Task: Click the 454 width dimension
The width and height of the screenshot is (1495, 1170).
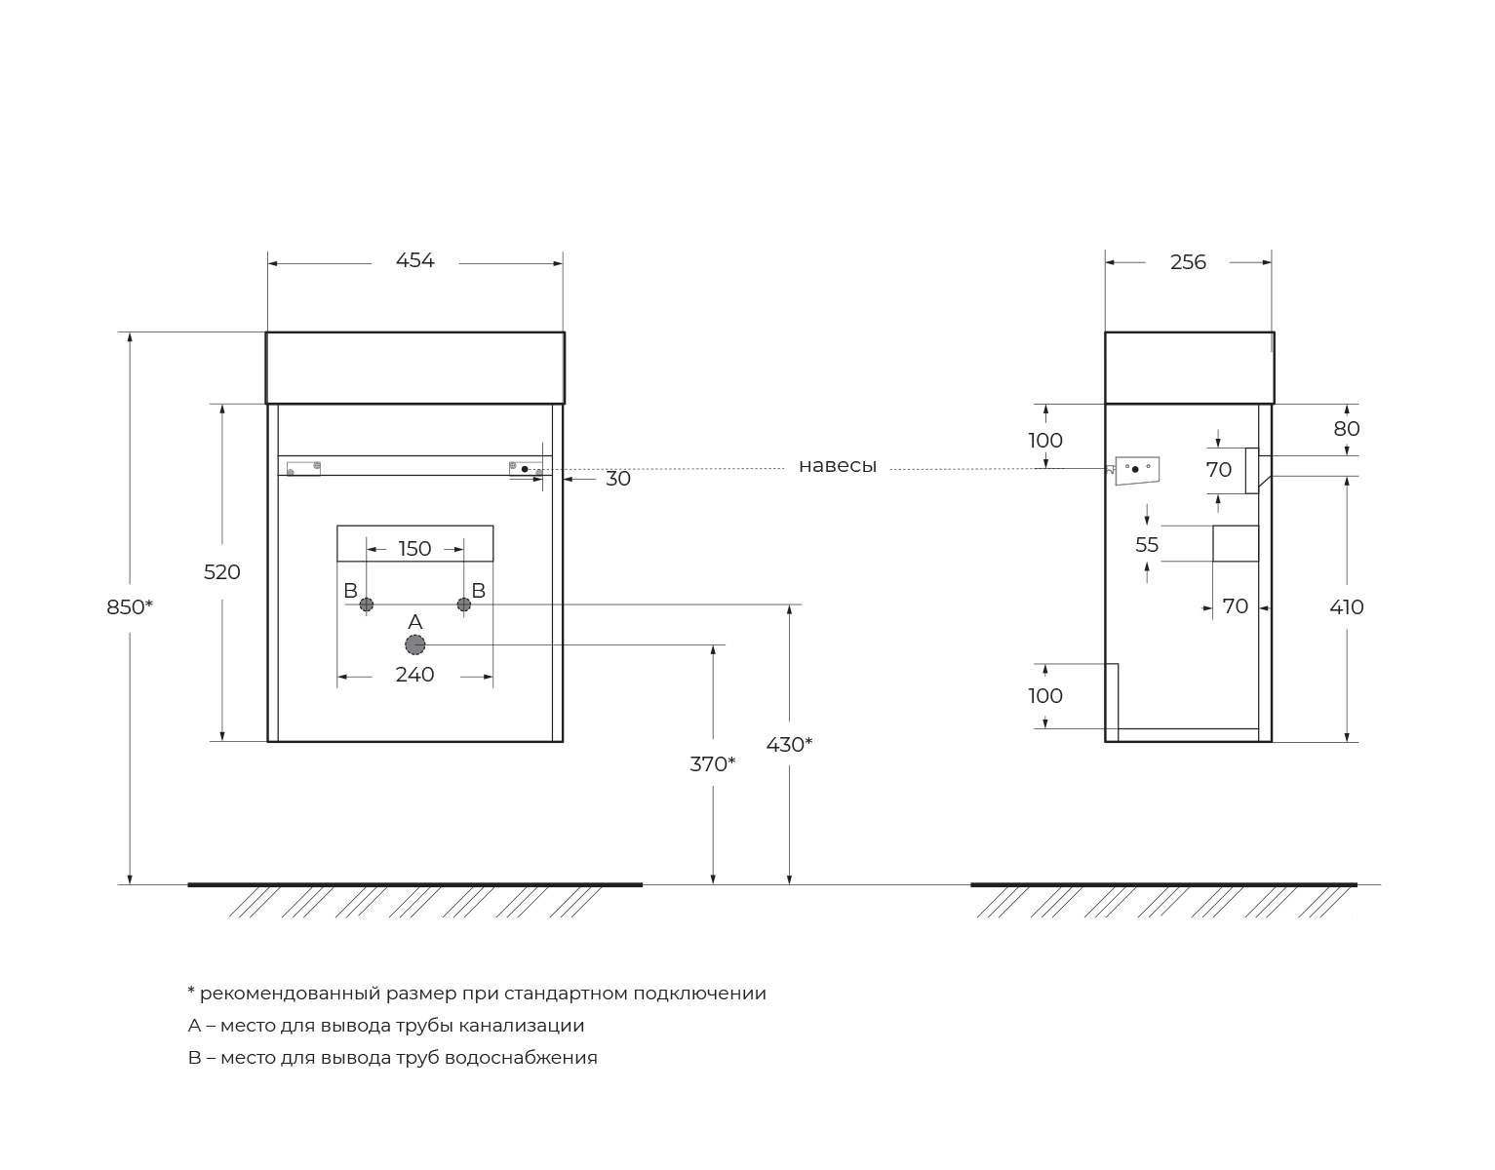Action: (x=414, y=261)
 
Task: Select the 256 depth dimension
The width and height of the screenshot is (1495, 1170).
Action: (x=1188, y=262)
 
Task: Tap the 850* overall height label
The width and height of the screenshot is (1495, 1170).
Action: (x=130, y=607)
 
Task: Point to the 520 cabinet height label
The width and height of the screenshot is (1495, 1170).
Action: (x=221, y=572)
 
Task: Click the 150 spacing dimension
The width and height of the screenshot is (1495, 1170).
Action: (x=414, y=549)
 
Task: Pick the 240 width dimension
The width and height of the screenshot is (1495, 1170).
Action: (x=414, y=675)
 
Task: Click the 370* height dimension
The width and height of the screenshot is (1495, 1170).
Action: (x=712, y=764)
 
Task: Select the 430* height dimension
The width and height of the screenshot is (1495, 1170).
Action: (x=789, y=745)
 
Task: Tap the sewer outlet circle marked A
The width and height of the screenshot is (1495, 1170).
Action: (x=415, y=644)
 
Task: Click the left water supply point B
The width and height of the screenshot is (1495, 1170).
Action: (x=367, y=604)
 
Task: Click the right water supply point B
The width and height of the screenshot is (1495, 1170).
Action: (x=464, y=604)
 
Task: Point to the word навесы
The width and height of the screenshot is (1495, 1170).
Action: (x=838, y=466)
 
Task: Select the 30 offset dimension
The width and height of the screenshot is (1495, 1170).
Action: (x=618, y=479)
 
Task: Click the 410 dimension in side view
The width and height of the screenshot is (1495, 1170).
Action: (x=1347, y=607)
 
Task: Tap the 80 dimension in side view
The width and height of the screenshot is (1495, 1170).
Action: (x=1347, y=429)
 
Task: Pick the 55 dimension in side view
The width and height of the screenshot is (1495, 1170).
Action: (x=1147, y=545)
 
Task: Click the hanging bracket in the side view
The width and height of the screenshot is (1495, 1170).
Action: (x=1136, y=469)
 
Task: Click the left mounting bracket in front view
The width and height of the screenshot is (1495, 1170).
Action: (x=303, y=468)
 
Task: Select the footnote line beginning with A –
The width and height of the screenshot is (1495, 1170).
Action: (x=386, y=1026)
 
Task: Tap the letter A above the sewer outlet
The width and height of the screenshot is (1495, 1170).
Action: (x=414, y=622)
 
